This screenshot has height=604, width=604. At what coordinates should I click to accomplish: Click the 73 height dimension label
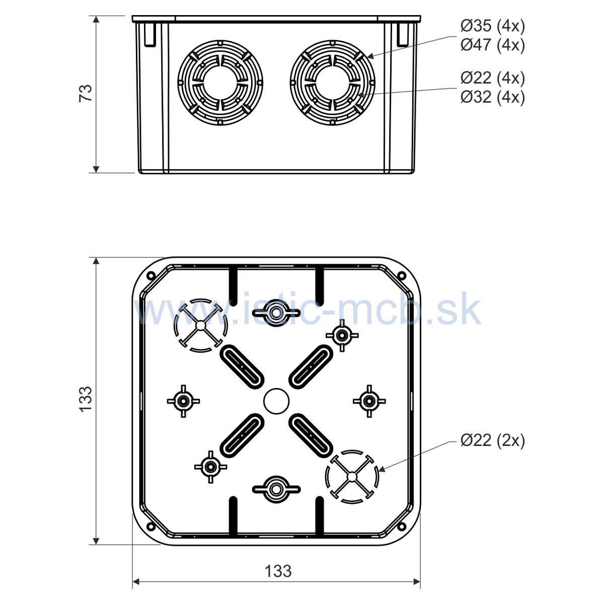[86, 93]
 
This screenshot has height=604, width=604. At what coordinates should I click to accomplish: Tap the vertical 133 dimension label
[86, 399]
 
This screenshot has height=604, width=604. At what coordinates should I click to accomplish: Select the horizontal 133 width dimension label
[278, 571]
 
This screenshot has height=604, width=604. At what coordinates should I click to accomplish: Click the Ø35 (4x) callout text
[492, 26]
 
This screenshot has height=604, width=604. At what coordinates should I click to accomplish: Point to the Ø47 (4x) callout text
[492, 45]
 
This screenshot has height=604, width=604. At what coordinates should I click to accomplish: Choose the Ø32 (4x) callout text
[492, 97]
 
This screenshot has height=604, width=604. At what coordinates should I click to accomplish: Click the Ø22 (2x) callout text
[492, 440]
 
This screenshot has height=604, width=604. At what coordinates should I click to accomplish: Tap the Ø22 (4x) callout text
[492, 78]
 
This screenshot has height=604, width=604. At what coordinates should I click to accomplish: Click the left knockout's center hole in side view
[220, 83]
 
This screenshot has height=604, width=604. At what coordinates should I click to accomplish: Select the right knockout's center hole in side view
[332, 83]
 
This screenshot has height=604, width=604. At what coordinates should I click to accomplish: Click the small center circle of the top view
[276, 401]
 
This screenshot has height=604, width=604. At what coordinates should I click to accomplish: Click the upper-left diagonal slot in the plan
[242, 367]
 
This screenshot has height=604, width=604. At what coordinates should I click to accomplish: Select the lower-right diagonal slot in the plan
[311, 436]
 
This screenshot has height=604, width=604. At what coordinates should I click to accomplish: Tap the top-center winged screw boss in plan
[276, 312]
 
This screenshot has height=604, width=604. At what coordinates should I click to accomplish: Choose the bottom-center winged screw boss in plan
[276, 489]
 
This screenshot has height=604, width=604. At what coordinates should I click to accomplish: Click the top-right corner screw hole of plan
[401, 276]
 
